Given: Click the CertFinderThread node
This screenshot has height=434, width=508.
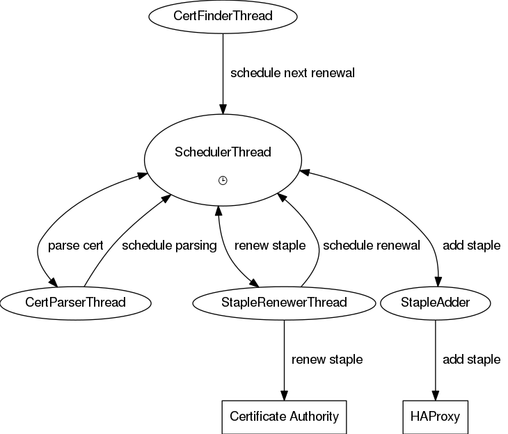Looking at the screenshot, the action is pyautogui.click(x=223, y=17).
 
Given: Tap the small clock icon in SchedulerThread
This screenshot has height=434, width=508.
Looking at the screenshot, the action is pyautogui.click(x=223, y=180).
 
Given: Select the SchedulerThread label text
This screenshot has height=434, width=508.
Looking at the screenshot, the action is pyautogui.click(x=223, y=152).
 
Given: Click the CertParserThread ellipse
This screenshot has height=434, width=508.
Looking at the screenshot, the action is pyautogui.click(x=75, y=303).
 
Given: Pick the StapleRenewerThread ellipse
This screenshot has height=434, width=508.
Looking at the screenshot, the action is pyautogui.click(x=284, y=303).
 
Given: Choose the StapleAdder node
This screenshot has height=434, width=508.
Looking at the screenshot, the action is pyautogui.click(x=436, y=303).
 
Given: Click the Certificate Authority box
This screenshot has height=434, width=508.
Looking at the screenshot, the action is pyautogui.click(x=284, y=417).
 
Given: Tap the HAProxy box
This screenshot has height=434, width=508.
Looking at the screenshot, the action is pyautogui.click(x=436, y=417).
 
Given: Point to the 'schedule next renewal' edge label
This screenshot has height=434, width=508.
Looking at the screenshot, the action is pyautogui.click(x=292, y=73).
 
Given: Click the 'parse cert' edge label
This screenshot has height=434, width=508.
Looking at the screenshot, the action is pyautogui.click(x=75, y=246).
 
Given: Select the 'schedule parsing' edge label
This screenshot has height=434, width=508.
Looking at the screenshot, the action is pyautogui.click(x=169, y=246).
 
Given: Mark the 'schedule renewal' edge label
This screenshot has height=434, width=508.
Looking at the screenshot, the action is pyautogui.click(x=372, y=246).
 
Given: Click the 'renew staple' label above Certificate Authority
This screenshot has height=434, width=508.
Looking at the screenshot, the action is pyautogui.click(x=327, y=360).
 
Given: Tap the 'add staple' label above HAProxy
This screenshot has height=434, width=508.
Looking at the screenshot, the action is pyautogui.click(x=472, y=360).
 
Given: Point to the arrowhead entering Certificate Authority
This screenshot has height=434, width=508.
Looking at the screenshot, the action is pyautogui.click(x=284, y=396).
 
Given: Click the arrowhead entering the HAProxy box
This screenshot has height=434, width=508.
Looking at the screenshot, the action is pyautogui.click(x=436, y=396).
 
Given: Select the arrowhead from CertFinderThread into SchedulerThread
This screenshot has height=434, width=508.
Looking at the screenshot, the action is pyautogui.click(x=223, y=109).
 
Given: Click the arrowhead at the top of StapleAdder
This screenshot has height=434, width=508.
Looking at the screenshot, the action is pyautogui.click(x=438, y=282).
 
